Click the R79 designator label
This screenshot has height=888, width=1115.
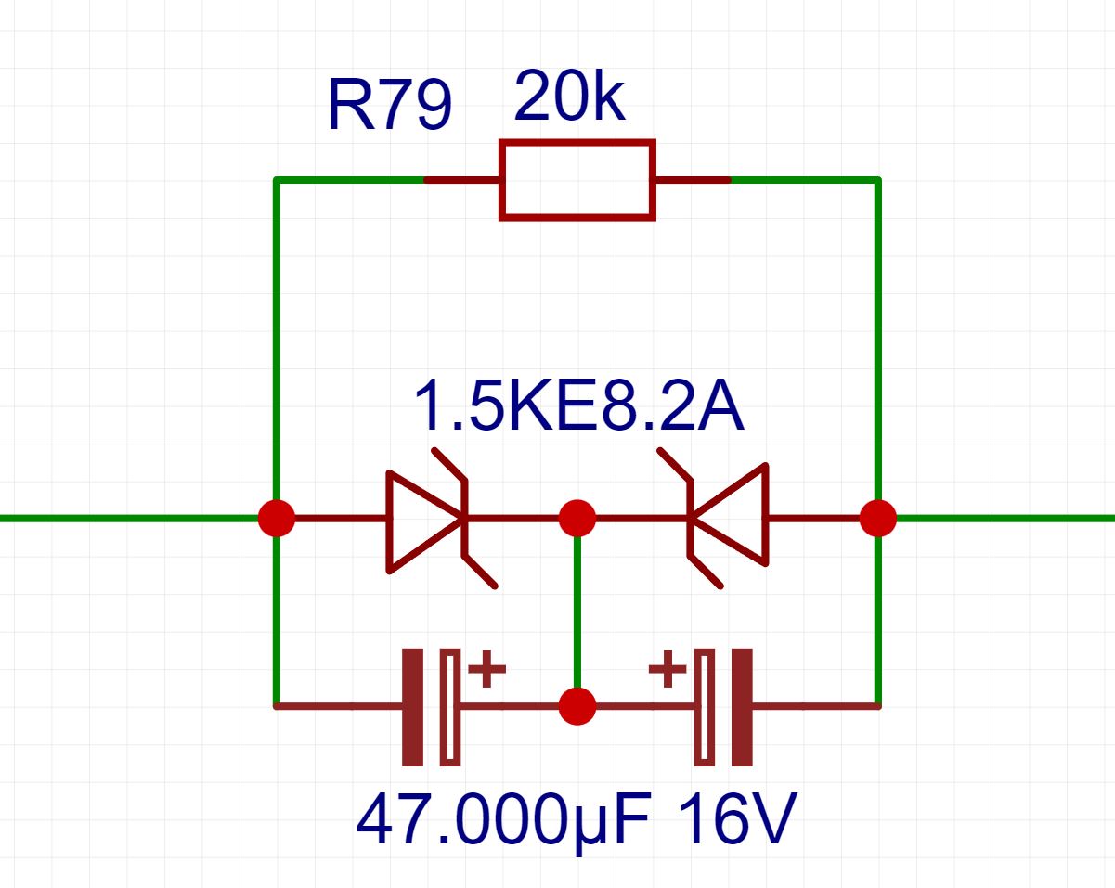click(390, 105)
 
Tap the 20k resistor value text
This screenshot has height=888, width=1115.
click(568, 97)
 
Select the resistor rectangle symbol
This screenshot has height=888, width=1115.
click(577, 180)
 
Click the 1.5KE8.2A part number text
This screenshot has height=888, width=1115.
click(578, 406)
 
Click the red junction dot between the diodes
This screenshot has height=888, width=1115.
click(577, 518)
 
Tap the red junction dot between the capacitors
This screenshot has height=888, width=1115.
click(577, 706)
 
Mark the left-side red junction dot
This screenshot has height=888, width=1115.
click(276, 518)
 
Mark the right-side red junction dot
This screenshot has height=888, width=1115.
click(877, 518)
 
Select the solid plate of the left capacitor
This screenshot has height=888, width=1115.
click(412, 707)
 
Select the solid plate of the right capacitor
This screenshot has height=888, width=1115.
click(741, 707)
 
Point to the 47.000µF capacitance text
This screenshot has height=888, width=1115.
click(501, 820)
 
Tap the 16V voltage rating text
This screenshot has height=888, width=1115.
click(736, 820)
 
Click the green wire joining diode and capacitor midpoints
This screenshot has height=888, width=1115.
click(577, 612)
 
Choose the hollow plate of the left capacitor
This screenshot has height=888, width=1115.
click(449, 707)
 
